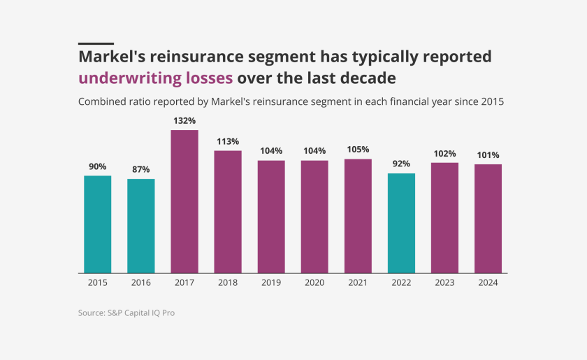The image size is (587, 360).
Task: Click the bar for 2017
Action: (x=184, y=201)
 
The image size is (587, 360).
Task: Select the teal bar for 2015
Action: (x=98, y=224)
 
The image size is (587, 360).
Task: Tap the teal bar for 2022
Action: (x=401, y=223)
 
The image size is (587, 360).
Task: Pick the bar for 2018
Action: (x=228, y=211)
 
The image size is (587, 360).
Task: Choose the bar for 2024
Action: (x=488, y=218)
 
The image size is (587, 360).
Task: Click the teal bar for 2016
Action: (x=141, y=226)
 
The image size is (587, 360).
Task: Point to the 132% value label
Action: (x=184, y=121)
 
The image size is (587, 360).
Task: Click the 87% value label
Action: (x=141, y=169)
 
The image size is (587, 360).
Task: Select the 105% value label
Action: (x=358, y=150)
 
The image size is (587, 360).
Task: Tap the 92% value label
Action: (x=401, y=164)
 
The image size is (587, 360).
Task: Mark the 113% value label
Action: (x=228, y=141)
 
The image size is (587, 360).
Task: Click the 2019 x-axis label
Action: (x=271, y=282)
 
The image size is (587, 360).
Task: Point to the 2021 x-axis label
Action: (x=358, y=282)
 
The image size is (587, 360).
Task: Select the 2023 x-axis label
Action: (x=444, y=282)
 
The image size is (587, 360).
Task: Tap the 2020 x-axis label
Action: (x=314, y=282)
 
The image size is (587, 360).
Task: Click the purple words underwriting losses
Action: (x=156, y=77)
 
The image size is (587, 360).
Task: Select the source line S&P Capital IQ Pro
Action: (x=126, y=313)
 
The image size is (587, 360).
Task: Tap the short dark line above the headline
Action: (x=96, y=43)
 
